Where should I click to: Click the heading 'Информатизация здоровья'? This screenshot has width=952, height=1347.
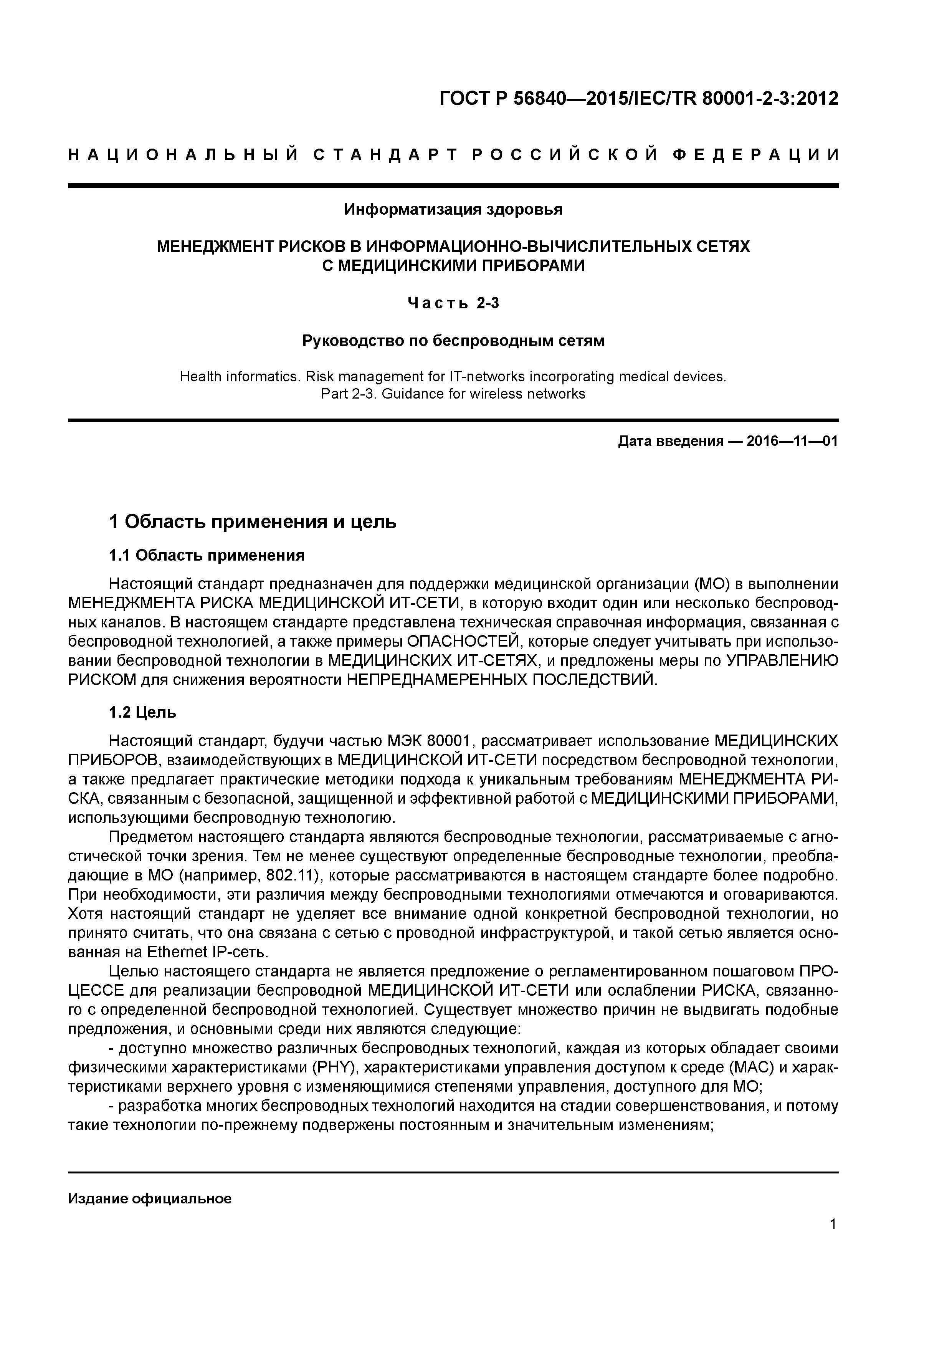(x=453, y=209)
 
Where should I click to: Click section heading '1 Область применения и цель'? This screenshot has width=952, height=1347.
(x=253, y=521)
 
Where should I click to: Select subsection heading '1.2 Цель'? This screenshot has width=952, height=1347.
(x=142, y=712)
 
